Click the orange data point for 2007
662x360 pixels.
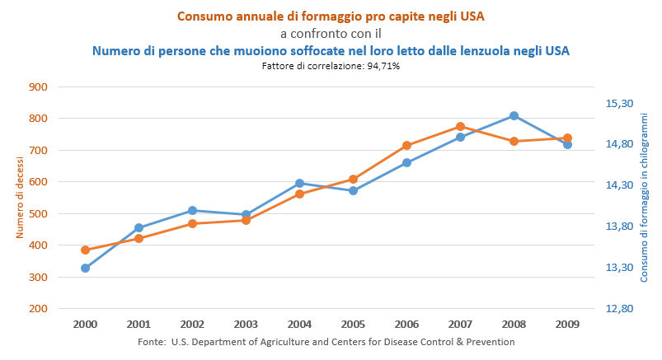click(x=460, y=127)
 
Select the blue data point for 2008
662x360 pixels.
click(x=514, y=116)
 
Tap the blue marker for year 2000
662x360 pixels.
click(x=85, y=268)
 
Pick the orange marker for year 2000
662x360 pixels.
click(x=85, y=250)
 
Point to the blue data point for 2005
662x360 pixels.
click(x=353, y=190)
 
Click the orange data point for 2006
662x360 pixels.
click(x=406, y=146)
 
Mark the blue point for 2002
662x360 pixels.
click(x=192, y=210)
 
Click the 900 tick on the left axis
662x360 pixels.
click(x=39, y=86)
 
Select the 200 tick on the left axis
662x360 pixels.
click(x=39, y=309)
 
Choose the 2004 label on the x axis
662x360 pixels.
click(x=299, y=324)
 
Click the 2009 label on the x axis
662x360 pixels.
click(x=567, y=324)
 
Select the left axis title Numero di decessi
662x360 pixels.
click(x=19, y=199)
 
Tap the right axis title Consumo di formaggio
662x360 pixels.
click(x=645, y=199)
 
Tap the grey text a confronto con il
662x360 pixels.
click(x=331, y=34)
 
